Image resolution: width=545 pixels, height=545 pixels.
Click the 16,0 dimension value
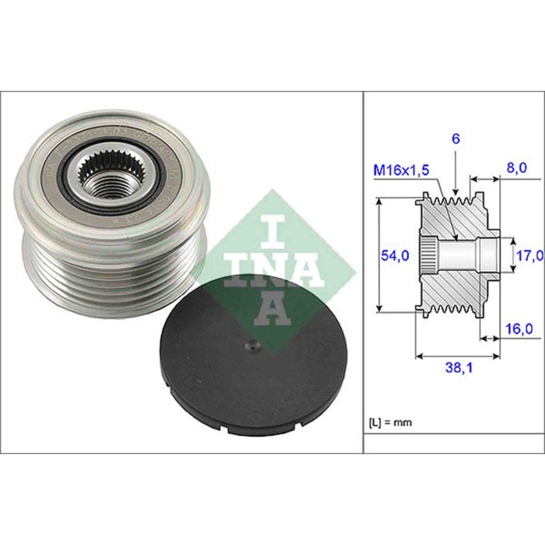(519, 329)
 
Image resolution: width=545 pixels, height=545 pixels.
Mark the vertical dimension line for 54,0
(379, 255)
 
